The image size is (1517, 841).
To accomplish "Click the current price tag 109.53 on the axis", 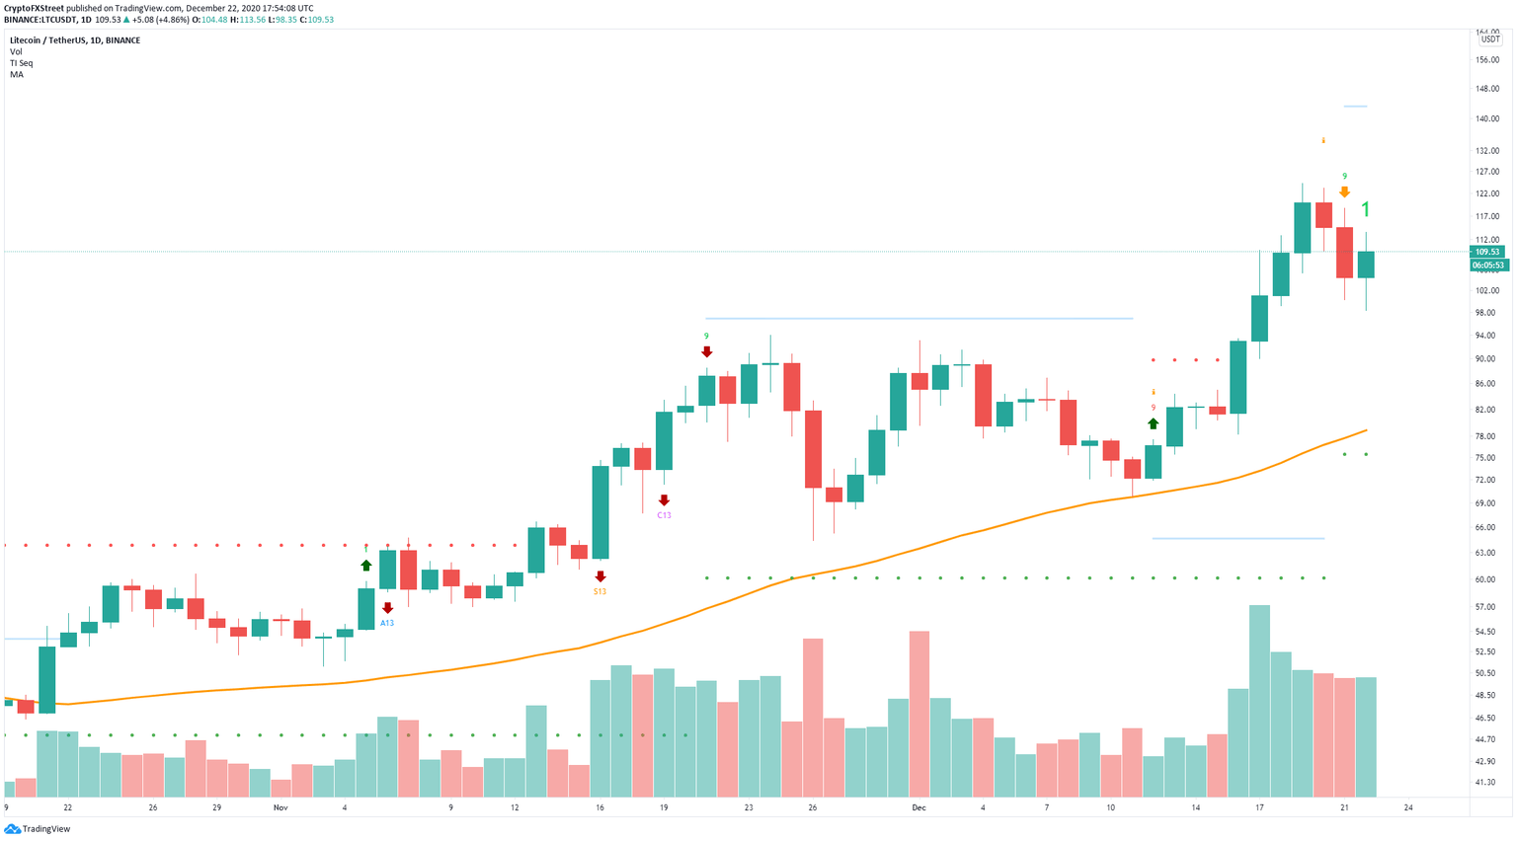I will (1487, 252).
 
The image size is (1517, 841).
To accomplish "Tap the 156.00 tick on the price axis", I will (1487, 60).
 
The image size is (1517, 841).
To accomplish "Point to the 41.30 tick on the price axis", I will (1485, 783).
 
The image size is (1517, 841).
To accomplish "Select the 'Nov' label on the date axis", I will (280, 807).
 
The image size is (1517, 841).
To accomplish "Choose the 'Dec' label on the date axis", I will (919, 807).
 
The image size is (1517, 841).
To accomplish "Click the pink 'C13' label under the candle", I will (664, 515).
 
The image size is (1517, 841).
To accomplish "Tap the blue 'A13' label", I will (387, 623).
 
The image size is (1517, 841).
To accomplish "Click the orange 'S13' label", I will (599, 591).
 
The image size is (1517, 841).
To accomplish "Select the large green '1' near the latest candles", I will (1366, 209).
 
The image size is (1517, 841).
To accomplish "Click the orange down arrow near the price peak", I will (1344, 191).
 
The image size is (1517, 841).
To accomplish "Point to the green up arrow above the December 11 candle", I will (1153, 423).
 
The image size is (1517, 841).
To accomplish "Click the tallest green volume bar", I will (1259, 701).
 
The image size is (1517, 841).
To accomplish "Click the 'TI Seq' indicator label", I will (21, 63).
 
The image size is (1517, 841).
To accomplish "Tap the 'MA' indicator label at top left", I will (17, 75).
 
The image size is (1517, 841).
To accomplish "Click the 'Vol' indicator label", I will (16, 51).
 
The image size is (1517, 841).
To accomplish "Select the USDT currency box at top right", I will (1489, 39).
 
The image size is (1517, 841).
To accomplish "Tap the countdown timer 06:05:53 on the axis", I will (1488, 266).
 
